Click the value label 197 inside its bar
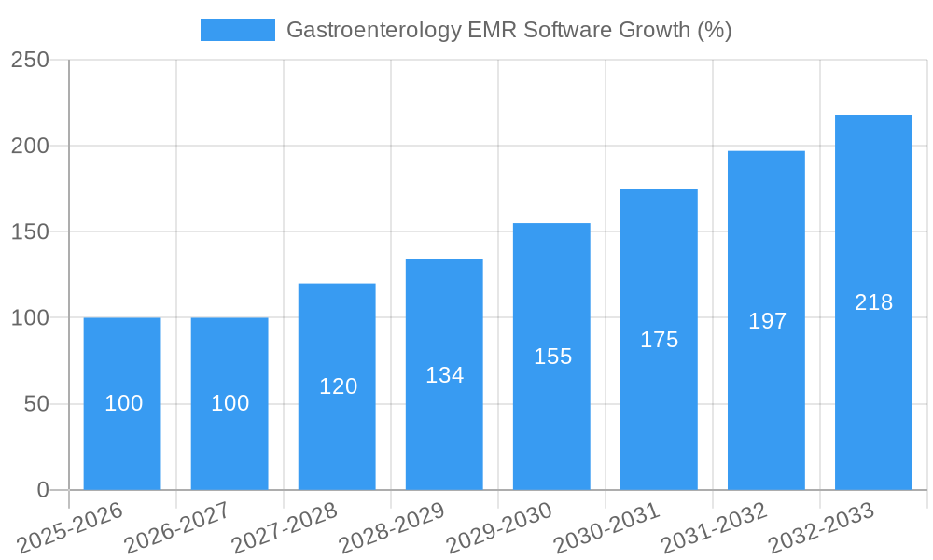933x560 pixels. pos(768,321)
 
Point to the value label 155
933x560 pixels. pos(552,357)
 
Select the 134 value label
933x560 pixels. pos(444,375)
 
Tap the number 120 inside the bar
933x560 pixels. pos(338,386)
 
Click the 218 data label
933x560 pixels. pos(873,302)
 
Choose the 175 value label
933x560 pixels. pos(659,340)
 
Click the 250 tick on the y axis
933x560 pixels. pos(30,60)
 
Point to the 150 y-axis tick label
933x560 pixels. pos(30,231)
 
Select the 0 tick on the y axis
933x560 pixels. pos(42,490)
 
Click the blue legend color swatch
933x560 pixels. pos(237,30)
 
